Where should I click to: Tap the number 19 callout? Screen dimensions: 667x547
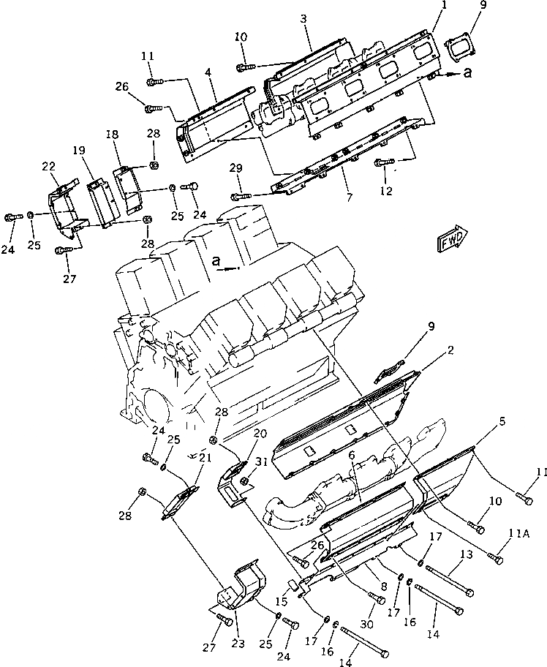[79, 150]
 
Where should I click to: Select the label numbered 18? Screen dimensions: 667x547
[112, 136]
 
